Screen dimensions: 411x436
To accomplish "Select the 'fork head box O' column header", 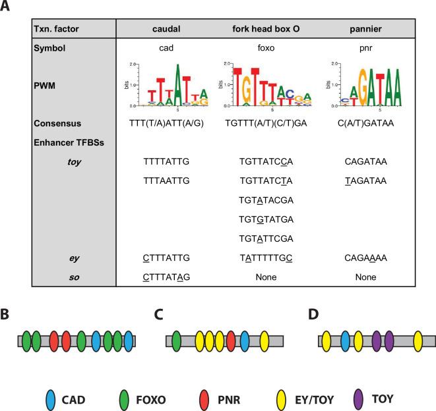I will coord(271,29).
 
